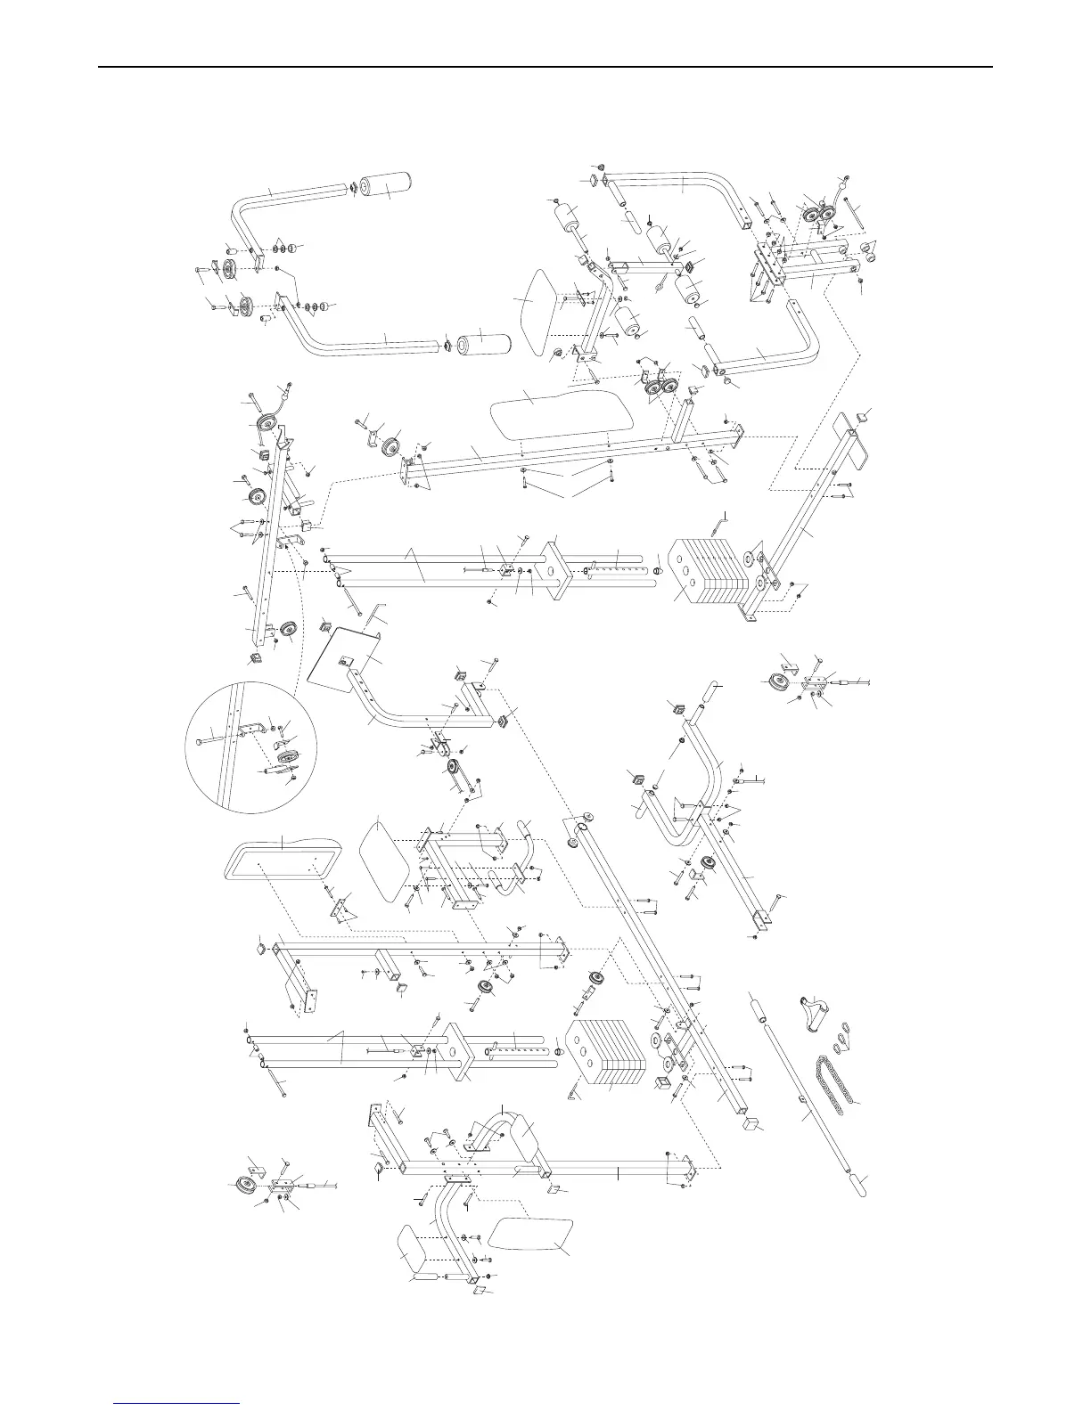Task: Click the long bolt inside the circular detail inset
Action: [214, 737]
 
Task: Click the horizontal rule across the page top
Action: [545, 67]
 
